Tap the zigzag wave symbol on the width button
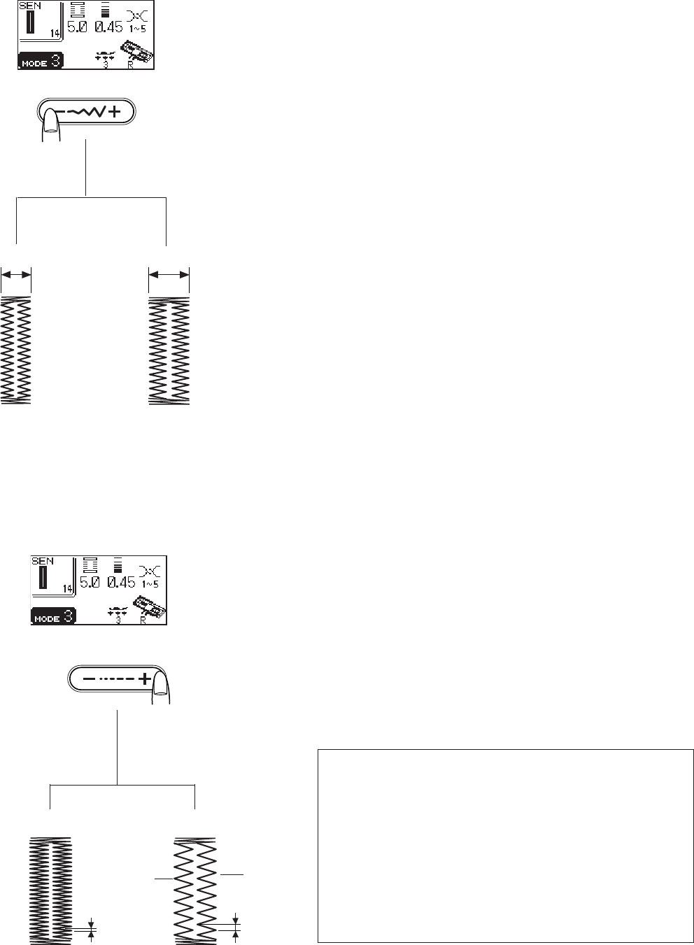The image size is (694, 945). coord(92,112)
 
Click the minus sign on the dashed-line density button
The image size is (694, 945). coord(89,678)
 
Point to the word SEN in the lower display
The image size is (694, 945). coord(42,561)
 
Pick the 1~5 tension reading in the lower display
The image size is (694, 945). coord(151,583)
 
